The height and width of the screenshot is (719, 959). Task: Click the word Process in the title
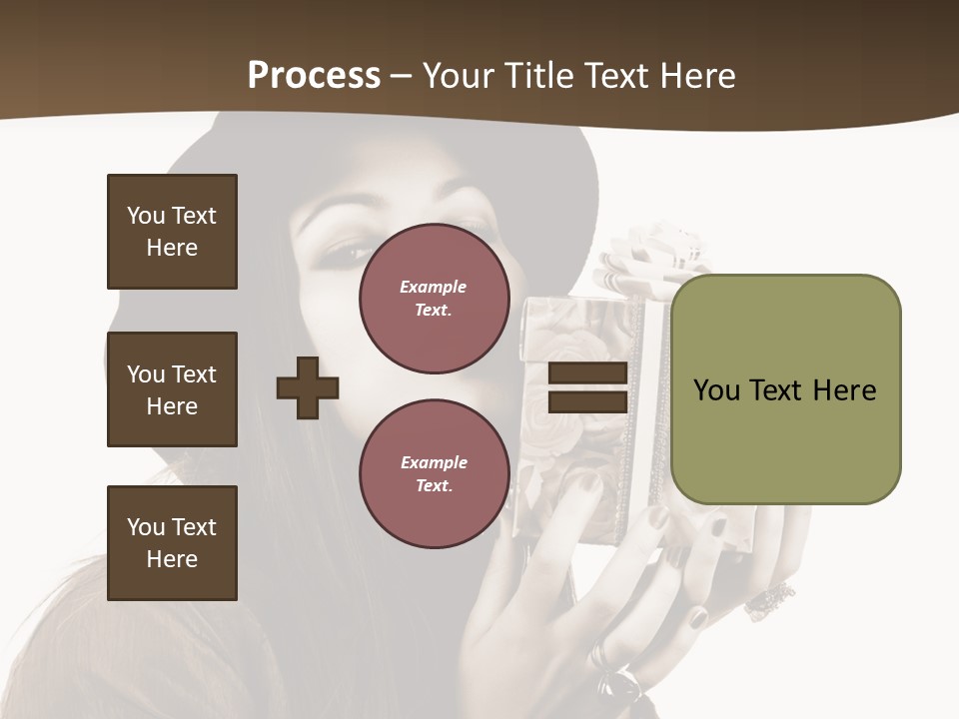[314, 76]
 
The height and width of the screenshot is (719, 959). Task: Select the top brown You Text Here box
[172, 232]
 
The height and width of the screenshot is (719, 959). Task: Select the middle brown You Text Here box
[172, 389]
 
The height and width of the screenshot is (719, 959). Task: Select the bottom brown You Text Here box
[172, 543]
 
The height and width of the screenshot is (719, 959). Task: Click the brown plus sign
[308, 387]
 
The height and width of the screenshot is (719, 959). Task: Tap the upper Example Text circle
[434, 299]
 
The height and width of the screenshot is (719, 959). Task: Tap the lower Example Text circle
[434, 474]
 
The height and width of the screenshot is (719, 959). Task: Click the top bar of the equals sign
[587, 372]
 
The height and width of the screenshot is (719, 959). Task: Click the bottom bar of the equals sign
[587, 402]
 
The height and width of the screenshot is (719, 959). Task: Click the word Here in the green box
[845, 389]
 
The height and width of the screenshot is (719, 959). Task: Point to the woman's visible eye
[348, 250]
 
